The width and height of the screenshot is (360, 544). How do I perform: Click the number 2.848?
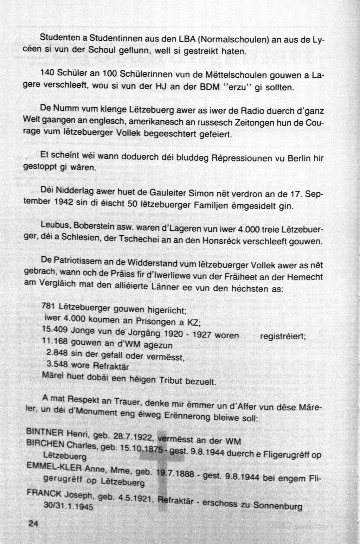click(x=57, y=353)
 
